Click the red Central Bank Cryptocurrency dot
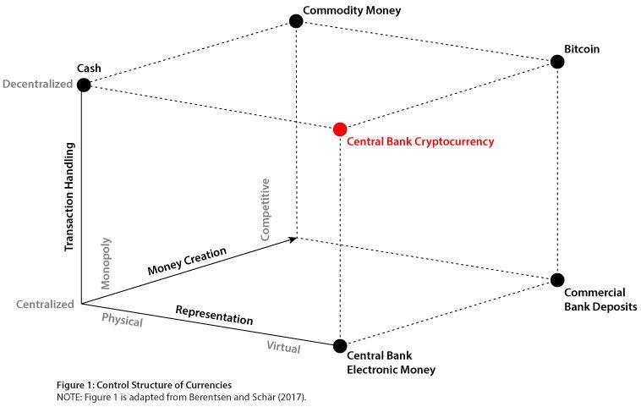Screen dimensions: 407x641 [340, 129]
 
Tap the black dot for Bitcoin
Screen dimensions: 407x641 [556, 62]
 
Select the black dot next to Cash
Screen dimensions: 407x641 [83, 85]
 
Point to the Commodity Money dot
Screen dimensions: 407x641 [296, 21]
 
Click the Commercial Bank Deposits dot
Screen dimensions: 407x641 [556, 280]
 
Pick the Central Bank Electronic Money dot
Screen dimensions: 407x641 [340, 345]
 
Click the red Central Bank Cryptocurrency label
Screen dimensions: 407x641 [420, 142]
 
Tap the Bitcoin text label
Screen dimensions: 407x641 [582, 49]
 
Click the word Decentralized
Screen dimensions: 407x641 [37, 85]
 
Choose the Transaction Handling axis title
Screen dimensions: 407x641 [70, 196]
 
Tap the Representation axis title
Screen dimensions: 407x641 [214, 315]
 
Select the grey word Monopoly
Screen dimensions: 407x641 [107, 263]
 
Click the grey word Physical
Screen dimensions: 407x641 [123, 321]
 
